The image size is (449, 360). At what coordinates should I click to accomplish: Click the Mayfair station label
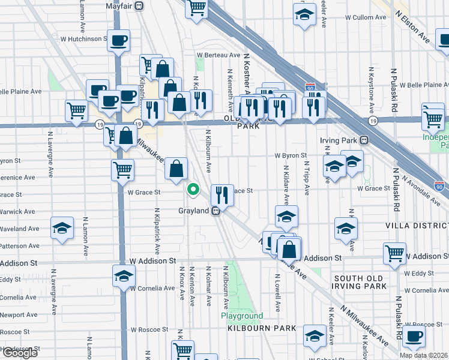click(x=118, y=6)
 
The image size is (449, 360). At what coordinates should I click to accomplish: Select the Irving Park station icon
click(x=364, y=140)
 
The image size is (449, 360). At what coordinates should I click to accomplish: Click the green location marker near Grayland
click(x=193, y=190)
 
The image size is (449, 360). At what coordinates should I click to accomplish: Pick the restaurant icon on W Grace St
click(x=222, y=194)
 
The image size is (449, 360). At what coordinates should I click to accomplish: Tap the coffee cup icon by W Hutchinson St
click(x=118, y=41)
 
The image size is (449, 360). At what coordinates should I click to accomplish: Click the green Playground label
click(x=242, y=316)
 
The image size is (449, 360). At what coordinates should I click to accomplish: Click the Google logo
click(x=20, y=353)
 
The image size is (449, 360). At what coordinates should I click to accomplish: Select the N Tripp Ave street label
click(x=306, y=178)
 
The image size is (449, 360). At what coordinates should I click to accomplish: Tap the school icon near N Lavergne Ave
click(x=62, y=228)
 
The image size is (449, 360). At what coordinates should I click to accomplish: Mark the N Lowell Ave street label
click(x=278, y=293)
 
